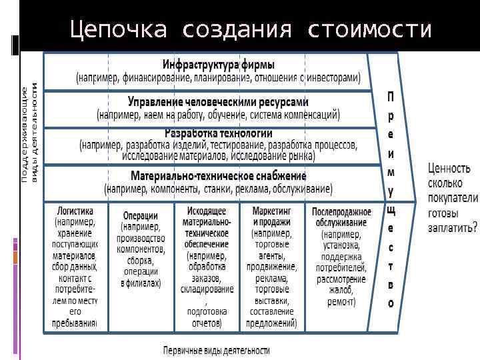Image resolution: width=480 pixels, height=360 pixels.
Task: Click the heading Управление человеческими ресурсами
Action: point(219,102)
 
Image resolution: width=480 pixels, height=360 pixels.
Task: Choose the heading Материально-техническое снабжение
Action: point(219,176)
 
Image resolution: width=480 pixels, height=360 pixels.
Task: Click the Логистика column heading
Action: point(75,208)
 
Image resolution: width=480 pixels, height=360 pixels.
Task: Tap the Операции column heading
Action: point(141,215)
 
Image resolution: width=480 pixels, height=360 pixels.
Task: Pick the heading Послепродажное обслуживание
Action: point(339,216)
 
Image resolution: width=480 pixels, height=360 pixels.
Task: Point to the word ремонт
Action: point(340,301)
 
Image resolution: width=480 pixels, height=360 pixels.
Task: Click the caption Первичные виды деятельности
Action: point(217,349)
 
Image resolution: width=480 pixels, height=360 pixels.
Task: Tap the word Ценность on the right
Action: point(449,168)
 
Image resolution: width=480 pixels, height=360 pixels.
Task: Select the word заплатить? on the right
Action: point(453,227)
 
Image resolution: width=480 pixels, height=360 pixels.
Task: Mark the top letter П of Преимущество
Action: point(391,97)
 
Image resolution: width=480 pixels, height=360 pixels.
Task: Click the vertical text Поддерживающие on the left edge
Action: point(25,133)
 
